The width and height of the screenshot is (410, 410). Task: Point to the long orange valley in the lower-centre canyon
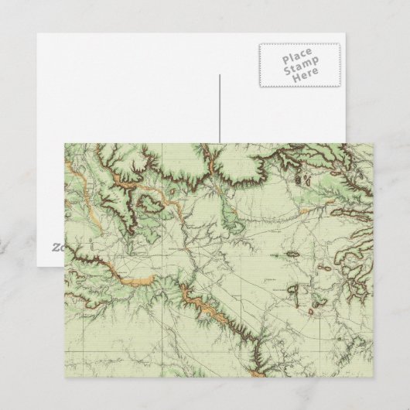coord(205,306)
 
